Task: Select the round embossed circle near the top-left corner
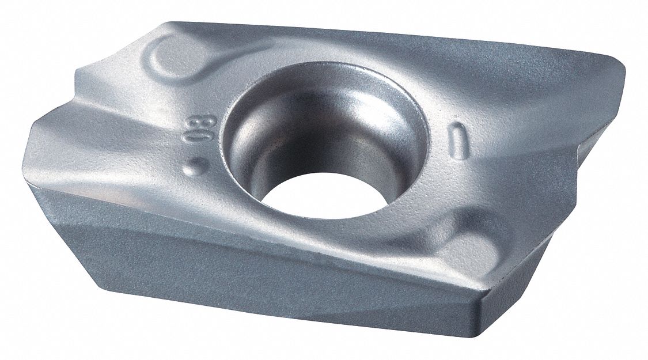point(172,58)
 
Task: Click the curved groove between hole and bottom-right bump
point(438,230)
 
